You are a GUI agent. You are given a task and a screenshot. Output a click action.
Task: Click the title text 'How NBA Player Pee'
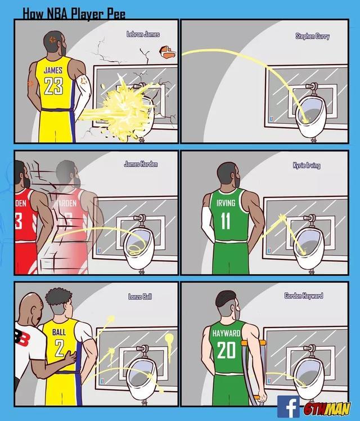point(74,14)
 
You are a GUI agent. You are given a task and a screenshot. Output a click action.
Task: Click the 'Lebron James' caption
point(143,35)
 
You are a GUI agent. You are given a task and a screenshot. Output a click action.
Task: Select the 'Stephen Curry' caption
point(313,36)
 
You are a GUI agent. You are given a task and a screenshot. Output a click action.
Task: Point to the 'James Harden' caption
point(141,164)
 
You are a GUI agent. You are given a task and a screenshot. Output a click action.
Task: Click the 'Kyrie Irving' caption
point(307,165)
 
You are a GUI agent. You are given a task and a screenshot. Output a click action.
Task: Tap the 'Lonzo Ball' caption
point(140,296)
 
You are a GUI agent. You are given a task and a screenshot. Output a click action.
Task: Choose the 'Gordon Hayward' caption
point(304,295)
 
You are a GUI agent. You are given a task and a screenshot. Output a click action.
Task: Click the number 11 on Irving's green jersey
point(225,221)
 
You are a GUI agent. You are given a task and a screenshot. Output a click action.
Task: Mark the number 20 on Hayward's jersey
point(227,351)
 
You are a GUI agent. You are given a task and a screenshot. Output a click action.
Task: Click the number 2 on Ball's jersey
point(59,348)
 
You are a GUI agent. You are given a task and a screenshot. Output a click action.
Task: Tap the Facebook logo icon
point(288,406)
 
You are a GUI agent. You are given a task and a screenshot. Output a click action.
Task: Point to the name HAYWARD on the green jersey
point(227,334)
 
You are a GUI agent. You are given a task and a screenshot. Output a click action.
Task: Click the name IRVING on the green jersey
point(226,203)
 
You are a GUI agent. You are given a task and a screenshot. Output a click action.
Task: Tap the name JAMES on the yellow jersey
point(53,71)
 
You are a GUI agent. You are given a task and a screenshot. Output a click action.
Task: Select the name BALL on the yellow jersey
point(59,332)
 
